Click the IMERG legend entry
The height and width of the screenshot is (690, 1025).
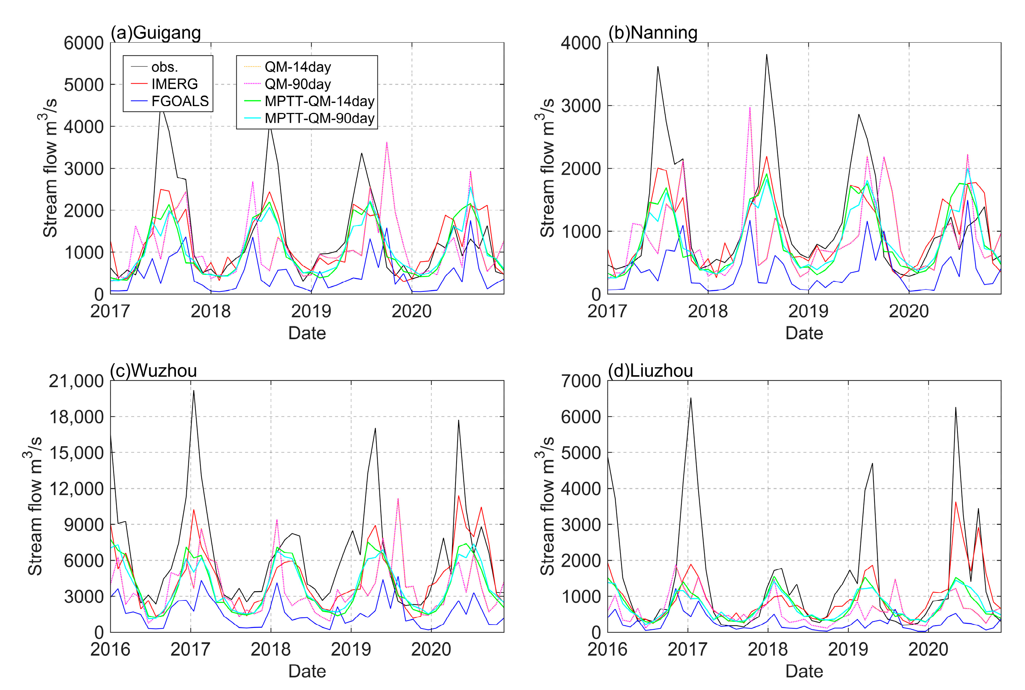pyautogui.click(x=174, y=84)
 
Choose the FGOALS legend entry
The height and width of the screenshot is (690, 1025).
pyautogui.click(x=179, y=101)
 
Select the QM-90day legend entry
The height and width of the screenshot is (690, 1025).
pyautogui.click(x=297, y=84)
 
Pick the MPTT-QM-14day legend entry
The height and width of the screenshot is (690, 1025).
pyautogui.click(x=319, y=101)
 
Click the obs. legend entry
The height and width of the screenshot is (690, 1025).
pyautogui.click(x=165, y=67)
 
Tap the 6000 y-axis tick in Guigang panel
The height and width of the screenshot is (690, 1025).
pyautogui.click(x=84, y=43)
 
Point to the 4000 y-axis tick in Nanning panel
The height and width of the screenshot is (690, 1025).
pyautogui.click(x=581, y=43)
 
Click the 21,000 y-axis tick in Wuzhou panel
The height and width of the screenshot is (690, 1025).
pyautogui.click(x=76, y=381)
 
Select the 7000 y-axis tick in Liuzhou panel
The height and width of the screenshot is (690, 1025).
pyautogui.click(x=581, y=381)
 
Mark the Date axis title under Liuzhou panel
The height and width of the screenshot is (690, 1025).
pyautogui.click(x=804, y=671)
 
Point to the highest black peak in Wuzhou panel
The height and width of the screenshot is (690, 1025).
pyautogui.click(x=194, y=391)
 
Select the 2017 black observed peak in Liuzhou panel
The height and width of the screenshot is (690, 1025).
pyautogui.click(x=690, y=398)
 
